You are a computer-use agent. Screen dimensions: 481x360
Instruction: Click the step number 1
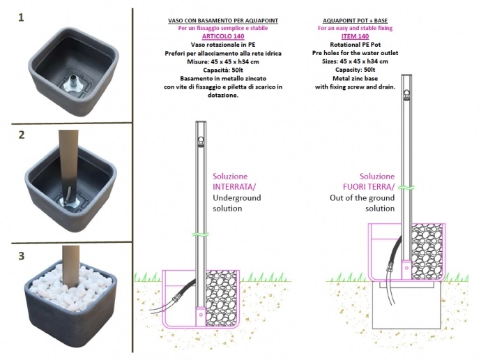click(21, 17)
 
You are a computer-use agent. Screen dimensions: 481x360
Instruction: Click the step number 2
click(21, 135)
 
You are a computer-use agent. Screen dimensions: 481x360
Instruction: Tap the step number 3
click(21, 256)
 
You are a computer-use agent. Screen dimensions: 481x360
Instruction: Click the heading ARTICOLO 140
click(223, 36)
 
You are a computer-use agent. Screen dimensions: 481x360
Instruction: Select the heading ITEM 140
click(355, 36)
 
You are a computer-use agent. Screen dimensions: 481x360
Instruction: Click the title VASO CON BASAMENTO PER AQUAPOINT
click(223, 20)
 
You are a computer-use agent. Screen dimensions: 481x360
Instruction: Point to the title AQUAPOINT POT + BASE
click(355, 20)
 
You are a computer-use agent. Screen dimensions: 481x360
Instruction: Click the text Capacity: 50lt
click(355, 70)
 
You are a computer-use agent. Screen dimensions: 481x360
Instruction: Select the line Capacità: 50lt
click(223, 70)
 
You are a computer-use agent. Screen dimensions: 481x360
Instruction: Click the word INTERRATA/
click(234, 187)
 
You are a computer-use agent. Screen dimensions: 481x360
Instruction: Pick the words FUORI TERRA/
click(369, 187)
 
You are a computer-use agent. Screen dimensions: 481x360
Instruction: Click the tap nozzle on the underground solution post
click(201, 141)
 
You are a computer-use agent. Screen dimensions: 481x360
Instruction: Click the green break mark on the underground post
click(201, 235)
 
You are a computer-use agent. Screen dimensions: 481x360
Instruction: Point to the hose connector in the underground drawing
click(177, 298)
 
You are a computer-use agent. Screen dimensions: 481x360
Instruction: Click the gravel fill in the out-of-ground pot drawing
click(427, 252)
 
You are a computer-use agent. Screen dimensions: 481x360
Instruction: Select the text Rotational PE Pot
click(355, 45)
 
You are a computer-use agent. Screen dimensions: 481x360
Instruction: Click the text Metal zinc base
click(355, 78)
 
